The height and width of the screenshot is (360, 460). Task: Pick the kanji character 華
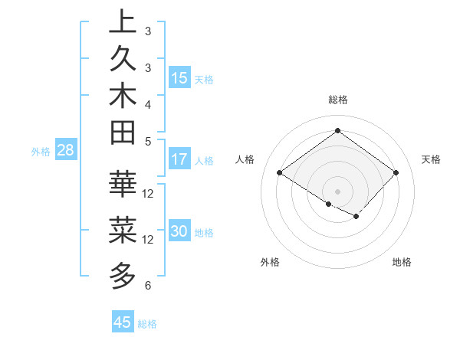[x=123, y=184]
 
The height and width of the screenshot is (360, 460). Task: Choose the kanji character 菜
[x=123, y=228]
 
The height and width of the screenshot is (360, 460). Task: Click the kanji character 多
[x=123, y=273]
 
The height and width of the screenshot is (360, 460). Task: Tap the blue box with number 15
[x=179, y=78]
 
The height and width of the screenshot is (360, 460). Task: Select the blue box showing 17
[x=179, y=159]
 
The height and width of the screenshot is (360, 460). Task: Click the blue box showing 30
[x=179, y=232]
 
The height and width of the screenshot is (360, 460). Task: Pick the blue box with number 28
[x=66, y=151]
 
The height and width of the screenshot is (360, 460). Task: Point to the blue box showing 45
[x=123, y=322]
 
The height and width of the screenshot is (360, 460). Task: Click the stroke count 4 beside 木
[x=148, y=104]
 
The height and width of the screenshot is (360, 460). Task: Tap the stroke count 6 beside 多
[x=148, y=286]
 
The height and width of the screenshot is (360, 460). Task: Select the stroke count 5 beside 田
[x=148, y=141]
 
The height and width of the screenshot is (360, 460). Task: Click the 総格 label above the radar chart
[x=337, y=100]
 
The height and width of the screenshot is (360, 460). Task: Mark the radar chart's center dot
[x=337, y=191]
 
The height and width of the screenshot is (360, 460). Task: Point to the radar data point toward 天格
[x=396, y=172]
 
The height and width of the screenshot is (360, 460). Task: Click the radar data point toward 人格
[x=280, y=172]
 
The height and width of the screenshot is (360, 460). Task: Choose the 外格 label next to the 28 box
[x=41, y=152]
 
